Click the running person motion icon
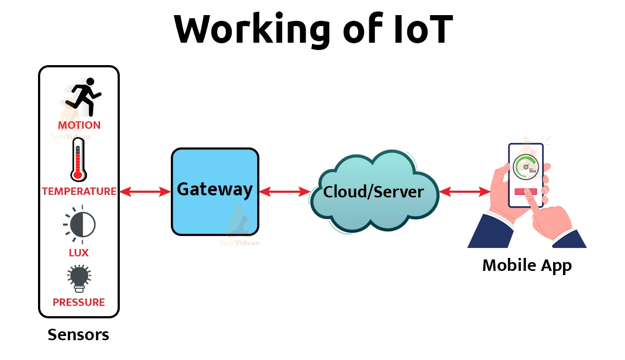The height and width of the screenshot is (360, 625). [83, 97]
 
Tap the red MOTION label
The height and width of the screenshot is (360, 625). [79, 125]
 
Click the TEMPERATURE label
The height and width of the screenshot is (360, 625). [79, 191]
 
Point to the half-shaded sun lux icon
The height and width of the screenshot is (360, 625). [80, 225]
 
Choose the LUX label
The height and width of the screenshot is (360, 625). [79, 253]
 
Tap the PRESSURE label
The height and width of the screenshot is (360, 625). [79, 302]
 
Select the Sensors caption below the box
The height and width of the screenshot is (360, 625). [79, 334]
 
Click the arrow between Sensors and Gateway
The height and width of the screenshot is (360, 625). [145, 192]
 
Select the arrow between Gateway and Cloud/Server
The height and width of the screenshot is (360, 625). [285, 192]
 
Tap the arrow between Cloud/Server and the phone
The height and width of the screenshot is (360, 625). [465, 192]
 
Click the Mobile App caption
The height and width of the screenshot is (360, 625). [527, 265]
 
